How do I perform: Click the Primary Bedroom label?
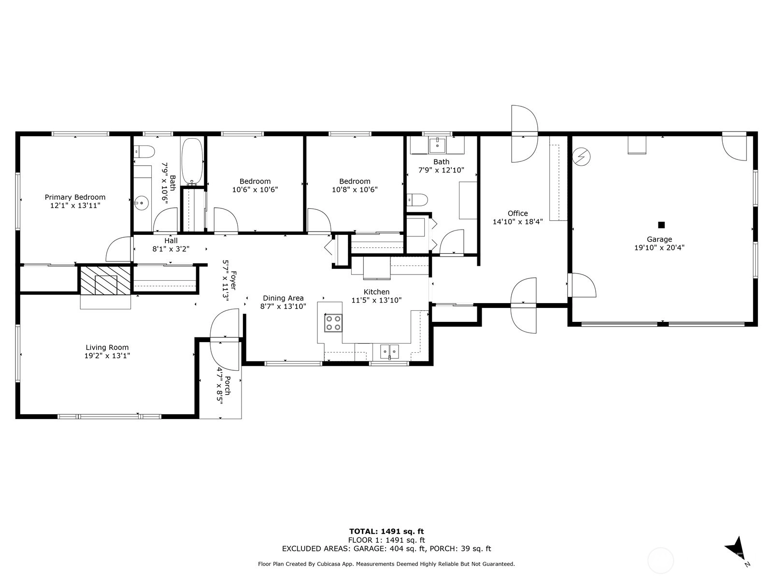coord(75,197)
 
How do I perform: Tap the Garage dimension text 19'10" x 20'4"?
coord(659,247)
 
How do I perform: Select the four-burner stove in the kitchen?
coord(333,322)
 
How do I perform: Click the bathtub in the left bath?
coord(192,161)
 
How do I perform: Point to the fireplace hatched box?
coord(106,280)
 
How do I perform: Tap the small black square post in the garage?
coord(661,225)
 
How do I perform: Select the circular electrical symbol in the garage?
coord(581,157)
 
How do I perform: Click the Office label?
coord(518,214)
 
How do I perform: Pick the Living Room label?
coord(107,348)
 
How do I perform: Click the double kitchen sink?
coord(389,351)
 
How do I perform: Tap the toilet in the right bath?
coord(417,200)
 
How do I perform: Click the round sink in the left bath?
coord(142,203)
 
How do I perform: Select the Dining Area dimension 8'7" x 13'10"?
coord(283,307)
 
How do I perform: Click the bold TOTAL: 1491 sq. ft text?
coord(386,531)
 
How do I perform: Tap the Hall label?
coord(171,241)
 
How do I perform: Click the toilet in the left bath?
coord(144,152)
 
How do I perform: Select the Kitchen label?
coord(376,292)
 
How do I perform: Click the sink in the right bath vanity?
coord(437,145)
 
